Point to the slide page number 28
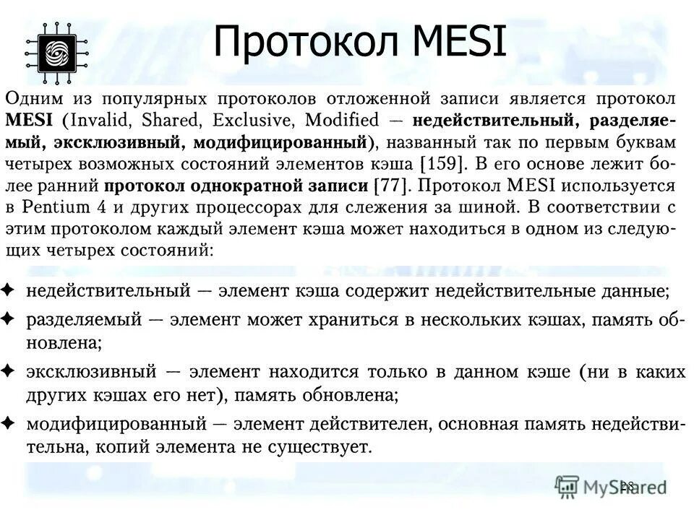point(626,485)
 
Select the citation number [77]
point(390,186)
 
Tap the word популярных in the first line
point(142,97)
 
